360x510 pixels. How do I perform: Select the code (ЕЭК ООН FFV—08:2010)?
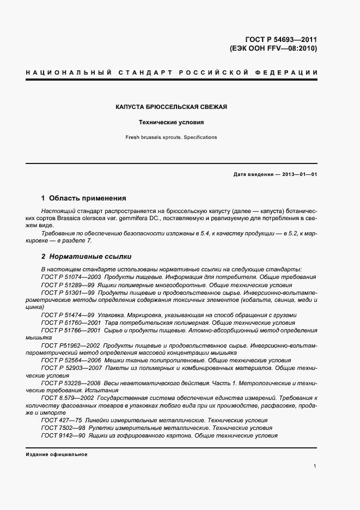(x=274, y=48)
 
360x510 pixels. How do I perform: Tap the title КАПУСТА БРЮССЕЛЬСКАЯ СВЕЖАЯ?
(x=171, y=107)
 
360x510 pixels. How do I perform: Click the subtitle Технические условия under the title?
(x=171, y=123)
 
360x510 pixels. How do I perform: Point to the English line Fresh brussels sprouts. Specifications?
(x=171, y=137)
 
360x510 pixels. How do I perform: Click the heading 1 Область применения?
(x=84, y=198)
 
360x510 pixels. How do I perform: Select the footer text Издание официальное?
(x=57, y=454)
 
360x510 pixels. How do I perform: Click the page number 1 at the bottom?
(x=315, y=466)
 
